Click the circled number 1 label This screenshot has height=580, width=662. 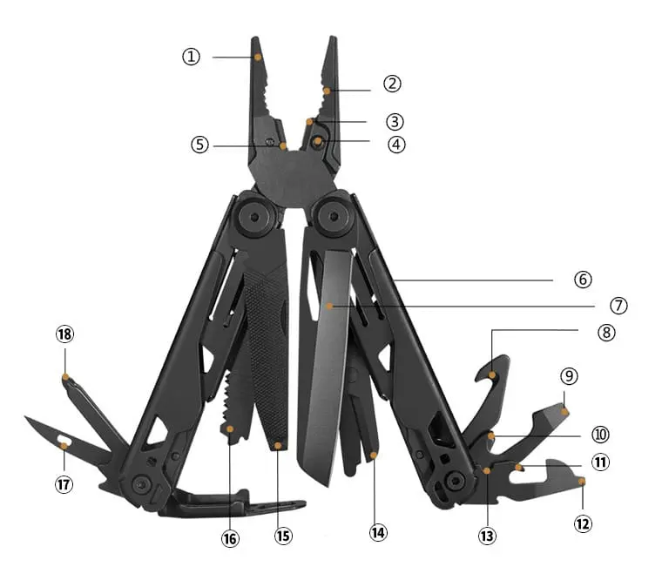[x=191, y=56]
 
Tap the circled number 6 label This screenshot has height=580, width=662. [x=583, y=279]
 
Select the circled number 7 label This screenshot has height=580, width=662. [x=618, y=305]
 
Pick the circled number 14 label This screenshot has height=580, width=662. [x=378, y=532]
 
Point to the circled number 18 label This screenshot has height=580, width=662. [x=64, y=334]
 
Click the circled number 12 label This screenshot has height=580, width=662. [x=583, y=524]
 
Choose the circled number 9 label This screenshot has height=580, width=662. [x=569, y=375]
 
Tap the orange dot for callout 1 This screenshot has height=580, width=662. [x=258, y=57]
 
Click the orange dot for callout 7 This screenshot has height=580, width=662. [x=329, y=306]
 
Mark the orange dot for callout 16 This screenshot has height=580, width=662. [x=230, y=428]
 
